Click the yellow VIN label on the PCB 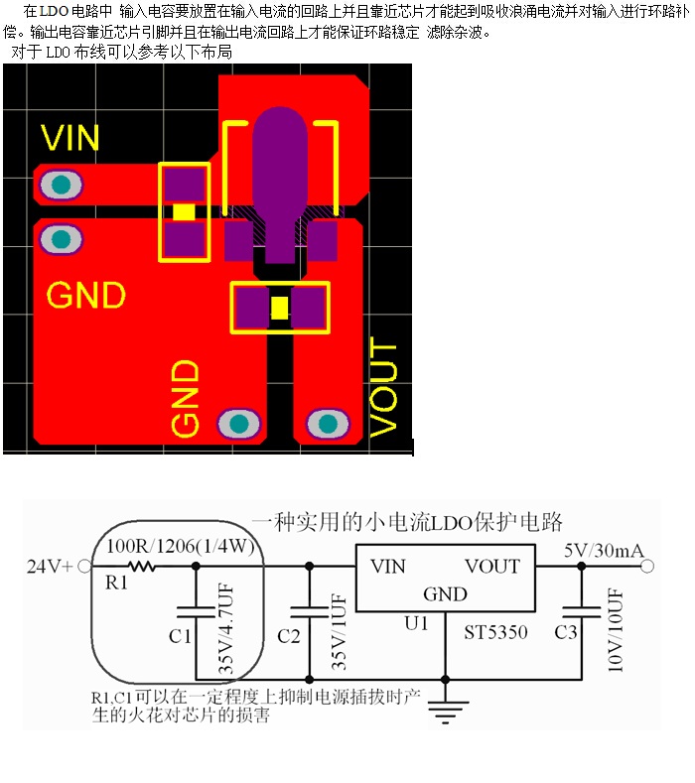[x=70, y=137]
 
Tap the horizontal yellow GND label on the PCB [x=86, y=296]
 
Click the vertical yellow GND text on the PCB [x=186, y=398]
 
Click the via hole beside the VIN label [x=62, y=185]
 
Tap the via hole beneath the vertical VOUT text [x=327, y=425]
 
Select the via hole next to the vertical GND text [x=238, y=424]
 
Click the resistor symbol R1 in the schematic [x=140, y=567]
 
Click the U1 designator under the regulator [x=415, y=623]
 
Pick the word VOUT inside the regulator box [x=491, y=567]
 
